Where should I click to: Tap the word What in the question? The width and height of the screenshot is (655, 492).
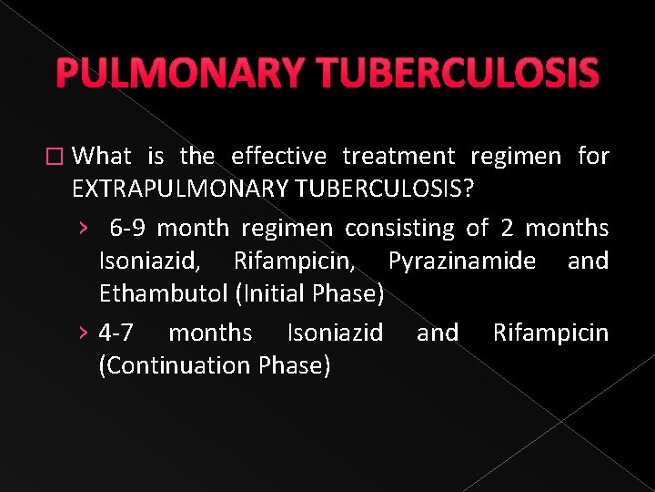pyautogui.click(x=102, y=157)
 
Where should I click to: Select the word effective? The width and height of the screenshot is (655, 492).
pyautogui.click(x=278, y=157)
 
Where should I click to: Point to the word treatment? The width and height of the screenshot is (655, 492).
pyautogui.click(x=397, y=157)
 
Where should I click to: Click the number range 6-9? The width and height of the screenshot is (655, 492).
pyautogui.click(x=135, y=228)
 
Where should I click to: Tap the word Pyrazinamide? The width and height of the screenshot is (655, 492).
pyautogui.click(x=462, y=261)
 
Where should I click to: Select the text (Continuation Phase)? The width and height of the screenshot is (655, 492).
pyautogui.click(x=215, y=365)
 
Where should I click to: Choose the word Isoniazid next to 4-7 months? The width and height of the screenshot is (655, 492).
pyautogui.click(x=335, y=333)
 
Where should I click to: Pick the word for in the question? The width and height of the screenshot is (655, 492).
pyautogui.click(x=593, y=157)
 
